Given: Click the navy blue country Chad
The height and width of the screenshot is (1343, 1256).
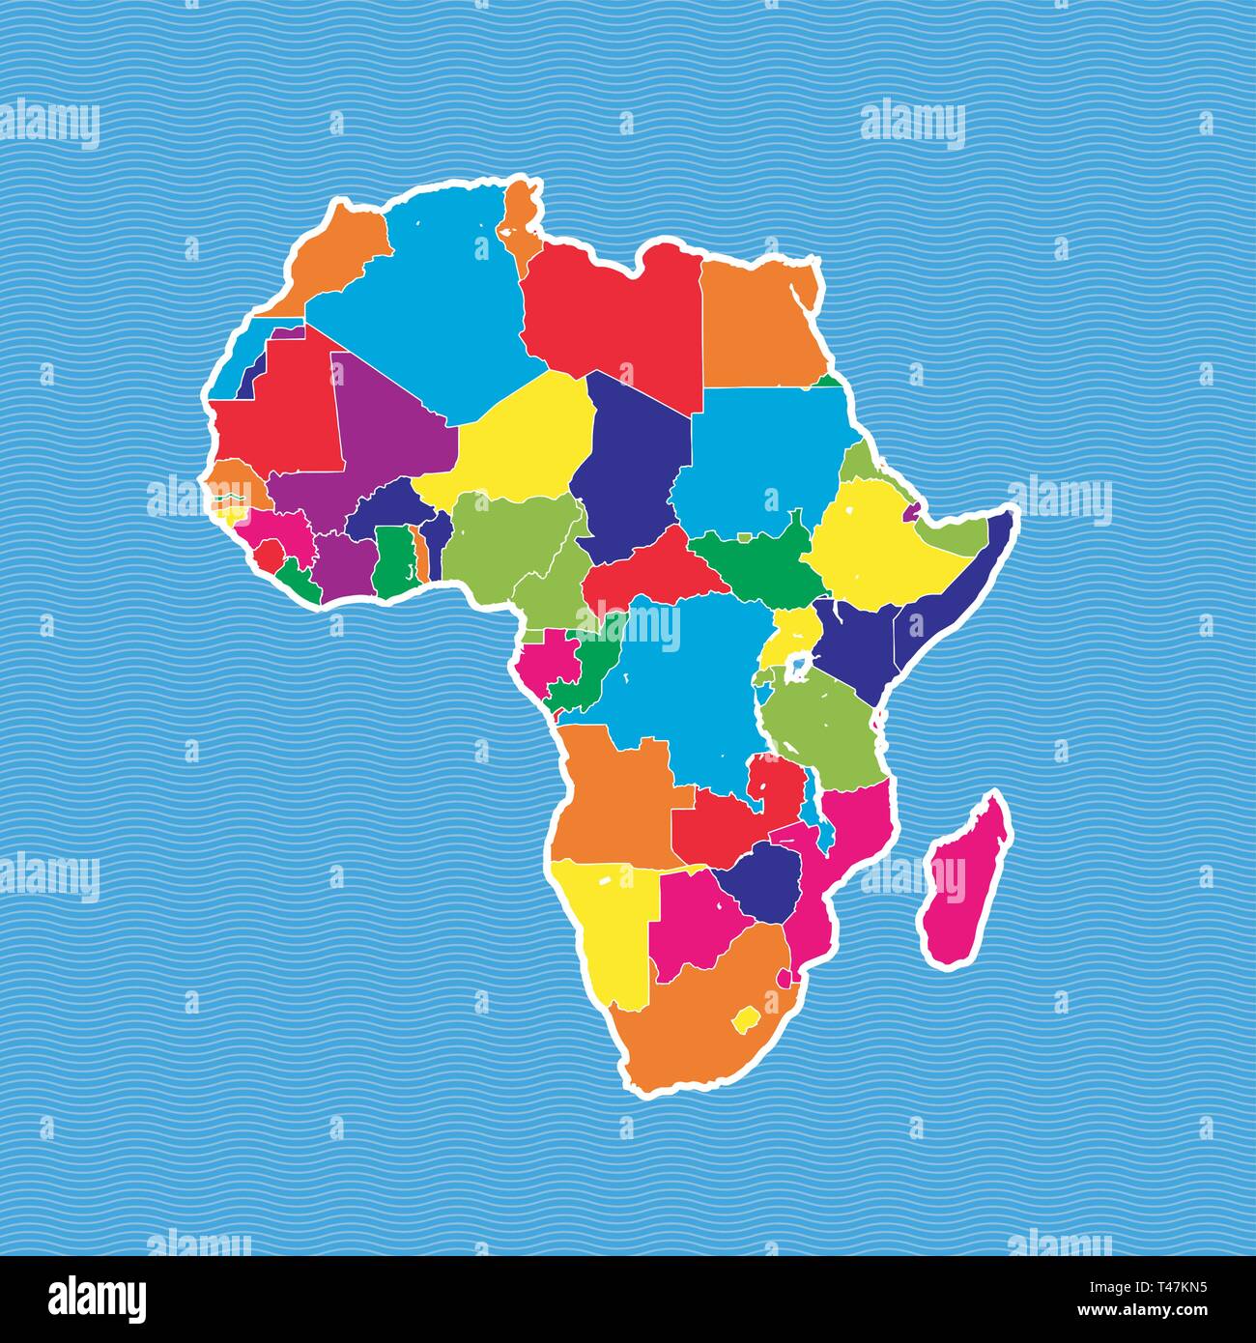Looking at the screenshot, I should [x=633, y=464].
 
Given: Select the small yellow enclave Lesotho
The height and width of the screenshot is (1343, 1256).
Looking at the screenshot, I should [x=747, y=1017].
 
